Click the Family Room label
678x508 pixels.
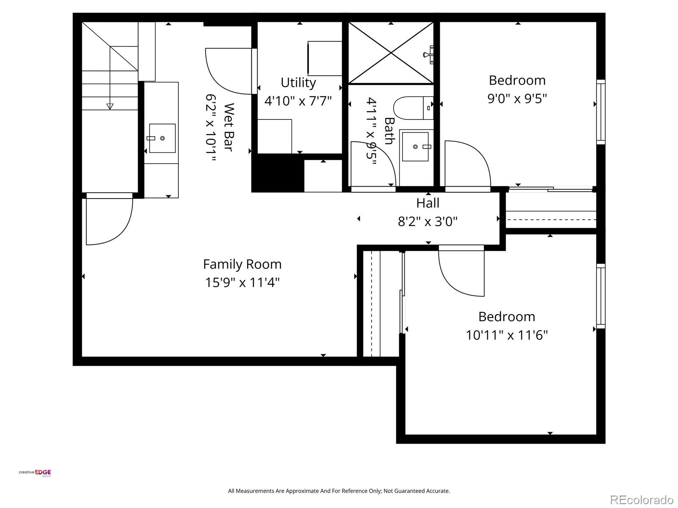click(242, 264)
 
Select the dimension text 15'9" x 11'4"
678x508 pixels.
click(242, 282)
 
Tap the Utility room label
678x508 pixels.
click(298, 83)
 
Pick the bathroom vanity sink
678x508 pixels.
click(415, 146)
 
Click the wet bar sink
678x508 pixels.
click(162, 138)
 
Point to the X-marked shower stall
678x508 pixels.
click(390, 53)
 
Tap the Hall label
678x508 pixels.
click(428, 203)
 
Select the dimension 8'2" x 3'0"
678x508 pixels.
click(428, 221)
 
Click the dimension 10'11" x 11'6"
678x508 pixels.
click(507, 335)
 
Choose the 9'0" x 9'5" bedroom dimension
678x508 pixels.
click(517, 99)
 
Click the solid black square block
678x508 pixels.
click(278, 173)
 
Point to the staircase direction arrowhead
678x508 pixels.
click(110, 106)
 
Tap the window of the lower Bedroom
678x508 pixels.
click(600, 296)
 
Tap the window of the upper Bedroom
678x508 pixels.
click(600, 112)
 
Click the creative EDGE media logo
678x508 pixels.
click(35, 473)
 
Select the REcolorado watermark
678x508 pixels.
click(642, 500)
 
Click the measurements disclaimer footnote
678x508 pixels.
click(339, 491)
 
